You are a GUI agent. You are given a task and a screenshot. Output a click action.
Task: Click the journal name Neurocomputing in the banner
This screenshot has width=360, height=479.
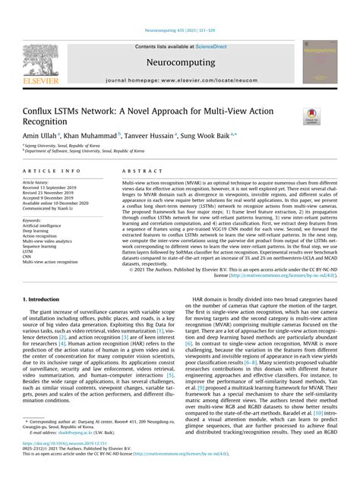(x=179, y=66)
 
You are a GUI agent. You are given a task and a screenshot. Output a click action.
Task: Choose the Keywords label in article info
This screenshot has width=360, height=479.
(x=36, y=220)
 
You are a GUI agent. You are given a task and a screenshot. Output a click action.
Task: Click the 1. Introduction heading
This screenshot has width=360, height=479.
(x=45, y=301)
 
